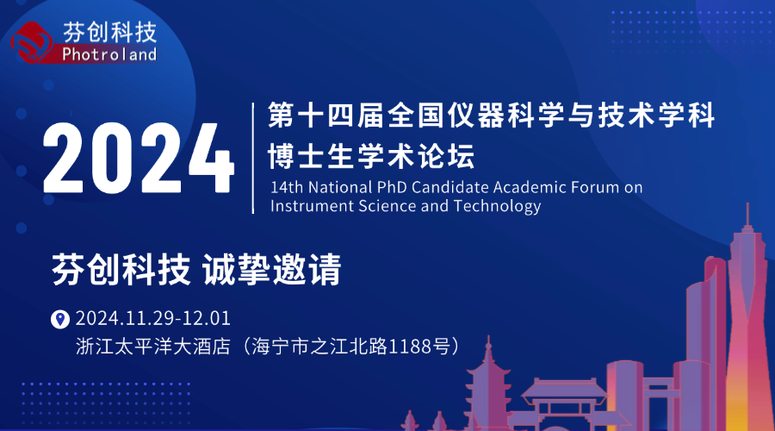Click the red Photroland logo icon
pyautogui.click(x=32, y=42)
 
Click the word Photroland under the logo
pyautogui.click(x=109, y=54)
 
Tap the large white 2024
pyautogui.click(x=139, y=159)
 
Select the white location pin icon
pyautogui.click(x=60, y=319)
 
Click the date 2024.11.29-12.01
pyautogui.click(x=152, y=318)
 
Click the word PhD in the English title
pyautogui.click(x=392, y=187)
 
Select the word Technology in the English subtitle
pyautogui.click(x=497, y=206)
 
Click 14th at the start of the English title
pyautogui.click(x=287, y=187)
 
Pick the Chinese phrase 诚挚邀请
pyautogui.click(x=271, y=269)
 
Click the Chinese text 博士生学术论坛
pyautogui.click(x=371, y=156)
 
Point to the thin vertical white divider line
pyautogui.click(x=253, y=159)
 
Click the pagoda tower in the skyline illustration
pyautogui.click(x=488, y=386)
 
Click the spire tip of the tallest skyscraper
pyautogui.click(x=747, y=203)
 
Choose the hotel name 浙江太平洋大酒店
pyautogui.click(x=153, y=347)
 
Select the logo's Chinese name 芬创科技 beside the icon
pyautogui.click(x=109, y=32)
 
